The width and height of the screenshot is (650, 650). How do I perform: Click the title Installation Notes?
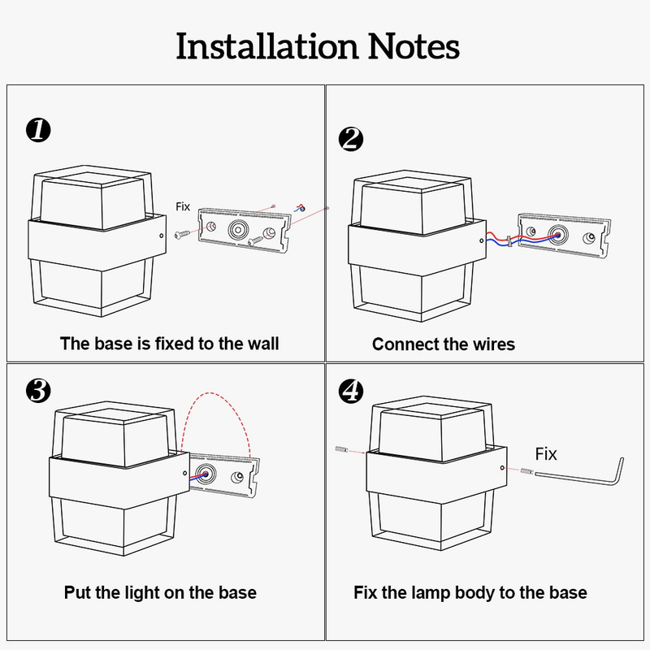pos(318,46)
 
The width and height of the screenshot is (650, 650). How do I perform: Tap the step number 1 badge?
pos(38,130)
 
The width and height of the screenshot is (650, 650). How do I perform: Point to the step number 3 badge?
pos(38,391)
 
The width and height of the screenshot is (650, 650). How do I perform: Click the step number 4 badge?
pos(350,391)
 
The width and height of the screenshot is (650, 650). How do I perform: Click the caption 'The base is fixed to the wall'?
pos(169,344)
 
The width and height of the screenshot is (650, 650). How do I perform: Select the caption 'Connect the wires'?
pos(444,344)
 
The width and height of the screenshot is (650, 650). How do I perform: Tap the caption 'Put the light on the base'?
pos(160,592)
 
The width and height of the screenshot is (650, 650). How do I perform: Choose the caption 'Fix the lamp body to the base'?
pos(470,592)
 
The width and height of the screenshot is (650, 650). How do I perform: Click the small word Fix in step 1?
pos(183,207)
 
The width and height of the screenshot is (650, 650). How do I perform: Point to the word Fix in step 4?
pos(546,453)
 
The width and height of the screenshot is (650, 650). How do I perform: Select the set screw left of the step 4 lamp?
pos(340,449)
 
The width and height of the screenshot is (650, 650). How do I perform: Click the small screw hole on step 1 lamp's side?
pos(162,236)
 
